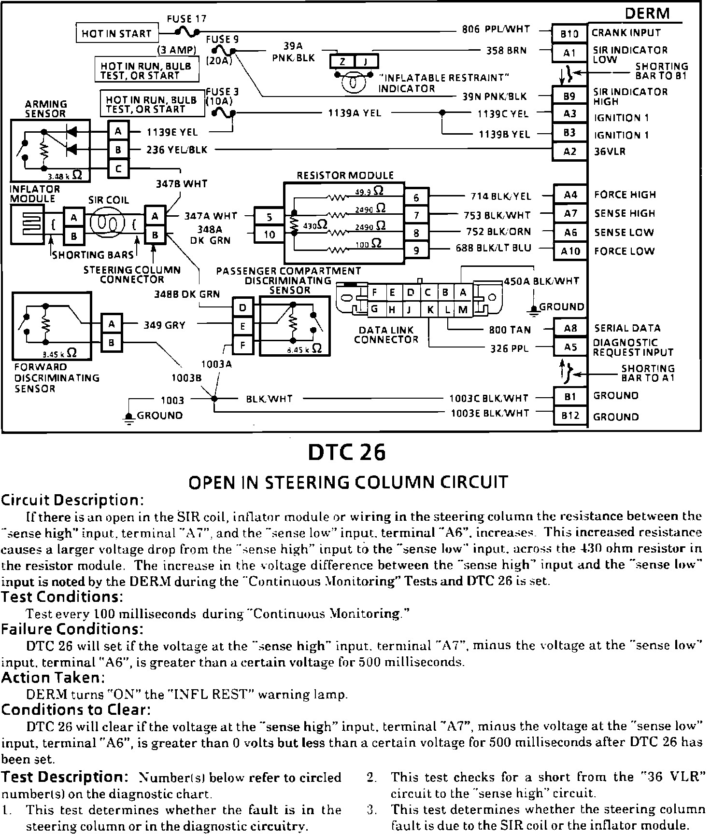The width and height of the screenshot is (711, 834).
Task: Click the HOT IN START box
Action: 117,33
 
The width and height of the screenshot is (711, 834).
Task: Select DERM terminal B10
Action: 569,33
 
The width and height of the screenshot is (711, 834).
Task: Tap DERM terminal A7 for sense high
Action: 570,213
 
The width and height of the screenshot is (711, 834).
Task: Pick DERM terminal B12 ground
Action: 570,416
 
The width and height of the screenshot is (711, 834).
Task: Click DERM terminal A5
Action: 570,347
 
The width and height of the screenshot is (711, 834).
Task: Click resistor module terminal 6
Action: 416,197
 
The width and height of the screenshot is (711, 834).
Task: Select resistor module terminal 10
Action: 269,235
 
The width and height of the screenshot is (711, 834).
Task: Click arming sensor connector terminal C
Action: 118,168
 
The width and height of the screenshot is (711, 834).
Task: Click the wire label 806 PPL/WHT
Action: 496,29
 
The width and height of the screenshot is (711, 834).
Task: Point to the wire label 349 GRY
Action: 164,325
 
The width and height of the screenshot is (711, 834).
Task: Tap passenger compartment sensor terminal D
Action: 243,307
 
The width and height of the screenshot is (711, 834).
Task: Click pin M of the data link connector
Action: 463,309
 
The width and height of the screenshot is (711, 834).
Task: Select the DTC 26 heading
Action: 347,453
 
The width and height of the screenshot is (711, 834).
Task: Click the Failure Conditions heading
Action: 72,629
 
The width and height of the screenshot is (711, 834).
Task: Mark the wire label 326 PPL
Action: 509,348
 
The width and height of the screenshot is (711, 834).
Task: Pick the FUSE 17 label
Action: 186,19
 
